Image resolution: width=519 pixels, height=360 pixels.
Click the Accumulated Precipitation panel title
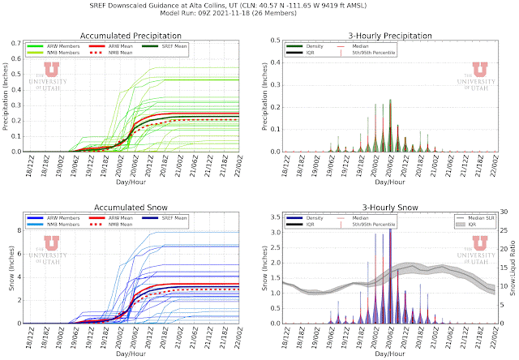pos(135,36)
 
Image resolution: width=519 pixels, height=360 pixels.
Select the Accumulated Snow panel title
pos(135,208)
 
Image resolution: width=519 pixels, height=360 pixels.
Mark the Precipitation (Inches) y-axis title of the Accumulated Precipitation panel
pos(6,96)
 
